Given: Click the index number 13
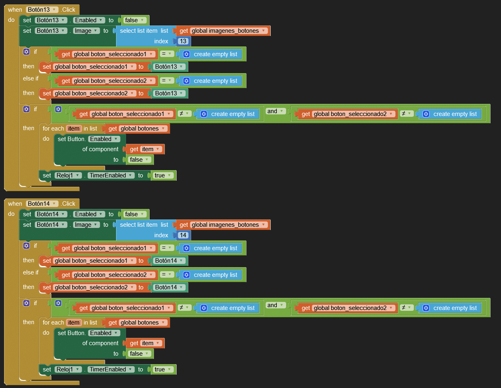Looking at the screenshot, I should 183,41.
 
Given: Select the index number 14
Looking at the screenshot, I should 183,235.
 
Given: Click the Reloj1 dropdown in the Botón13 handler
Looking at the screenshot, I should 68,175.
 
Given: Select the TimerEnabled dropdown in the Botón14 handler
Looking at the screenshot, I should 111,369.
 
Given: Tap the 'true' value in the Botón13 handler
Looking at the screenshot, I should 163,175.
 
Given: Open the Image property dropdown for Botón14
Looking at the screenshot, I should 86,225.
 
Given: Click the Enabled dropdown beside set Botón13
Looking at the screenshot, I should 89,20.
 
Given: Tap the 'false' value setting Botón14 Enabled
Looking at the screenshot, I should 135,214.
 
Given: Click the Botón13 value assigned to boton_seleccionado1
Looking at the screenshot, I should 169,67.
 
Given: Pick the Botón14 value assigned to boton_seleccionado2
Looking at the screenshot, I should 169,287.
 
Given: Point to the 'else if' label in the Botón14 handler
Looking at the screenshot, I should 31,272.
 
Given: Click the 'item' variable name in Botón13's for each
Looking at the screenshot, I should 74,129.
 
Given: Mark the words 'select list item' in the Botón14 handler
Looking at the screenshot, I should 139,225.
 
